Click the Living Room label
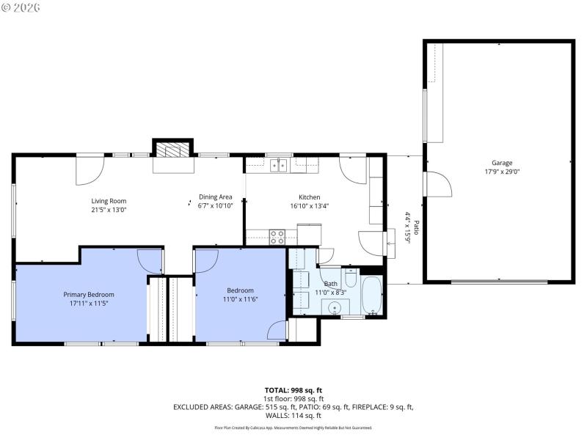click(x=109, y=201)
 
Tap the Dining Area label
click(x=215, y=197)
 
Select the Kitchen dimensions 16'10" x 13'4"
click(x=309, y=206)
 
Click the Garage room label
click(x=502, y=163)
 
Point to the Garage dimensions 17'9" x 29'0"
click(x=502, y=172)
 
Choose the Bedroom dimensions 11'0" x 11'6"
click(x=240, y=299)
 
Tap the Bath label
click(x=331, y=283)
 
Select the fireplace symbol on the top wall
click(x=173, y=150)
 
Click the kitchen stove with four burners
click(x=277, y=236)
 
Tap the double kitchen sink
click(x=278, y=165)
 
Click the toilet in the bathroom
click(x=351, y=280)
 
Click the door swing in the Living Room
click(x=90, y=171)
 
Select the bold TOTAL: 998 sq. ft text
click(x=293, y=390)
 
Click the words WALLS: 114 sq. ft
click(x=293, y=415)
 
